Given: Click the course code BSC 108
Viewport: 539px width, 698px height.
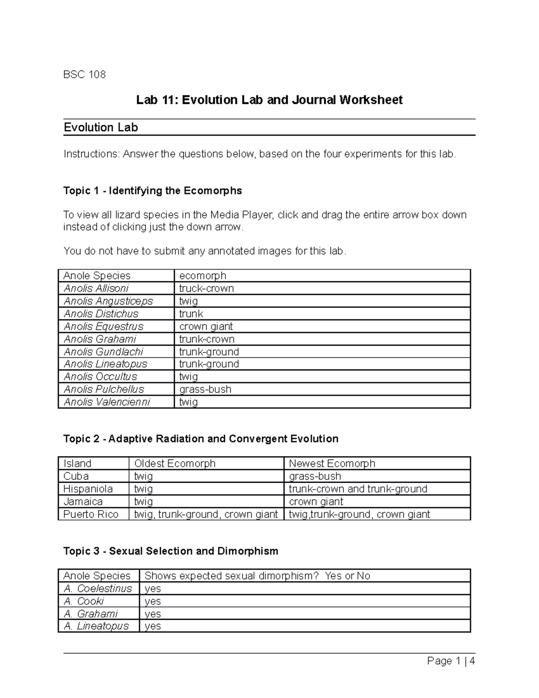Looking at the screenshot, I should pos(84,75).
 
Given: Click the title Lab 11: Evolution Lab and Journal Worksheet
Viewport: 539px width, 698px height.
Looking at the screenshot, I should pos(269,100).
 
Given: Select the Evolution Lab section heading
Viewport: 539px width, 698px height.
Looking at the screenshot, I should pos(101,128).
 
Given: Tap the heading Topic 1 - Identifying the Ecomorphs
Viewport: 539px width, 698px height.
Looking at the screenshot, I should pos(153,191).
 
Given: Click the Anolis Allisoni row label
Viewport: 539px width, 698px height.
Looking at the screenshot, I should pos(96,289).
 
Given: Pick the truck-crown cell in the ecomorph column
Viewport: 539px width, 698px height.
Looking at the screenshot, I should pos(206,289).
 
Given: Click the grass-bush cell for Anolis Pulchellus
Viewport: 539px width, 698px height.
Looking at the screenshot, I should pos(205,389).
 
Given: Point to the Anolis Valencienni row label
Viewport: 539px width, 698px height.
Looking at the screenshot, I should pos(107,402).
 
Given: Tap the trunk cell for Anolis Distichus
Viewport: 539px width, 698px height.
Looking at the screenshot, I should pos(191,314).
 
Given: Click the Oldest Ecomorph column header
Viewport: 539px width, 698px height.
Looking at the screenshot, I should pos(175,463).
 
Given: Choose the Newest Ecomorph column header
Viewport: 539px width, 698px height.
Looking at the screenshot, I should pos(331,463).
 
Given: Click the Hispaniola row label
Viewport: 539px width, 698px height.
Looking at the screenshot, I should pos(88,489).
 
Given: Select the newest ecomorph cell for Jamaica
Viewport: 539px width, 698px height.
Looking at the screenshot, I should pos(316,502).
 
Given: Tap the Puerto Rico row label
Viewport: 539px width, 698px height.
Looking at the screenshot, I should pos(91,514).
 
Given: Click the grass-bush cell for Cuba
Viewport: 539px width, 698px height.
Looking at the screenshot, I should pos(315,476).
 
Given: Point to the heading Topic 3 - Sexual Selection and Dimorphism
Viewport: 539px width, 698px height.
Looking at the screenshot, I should pos(171,551).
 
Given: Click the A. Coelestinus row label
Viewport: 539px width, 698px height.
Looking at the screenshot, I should pos(98,588).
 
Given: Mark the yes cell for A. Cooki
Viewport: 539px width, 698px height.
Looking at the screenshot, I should pos(153,601).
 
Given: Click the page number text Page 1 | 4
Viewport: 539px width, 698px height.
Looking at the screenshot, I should pos(451,661).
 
